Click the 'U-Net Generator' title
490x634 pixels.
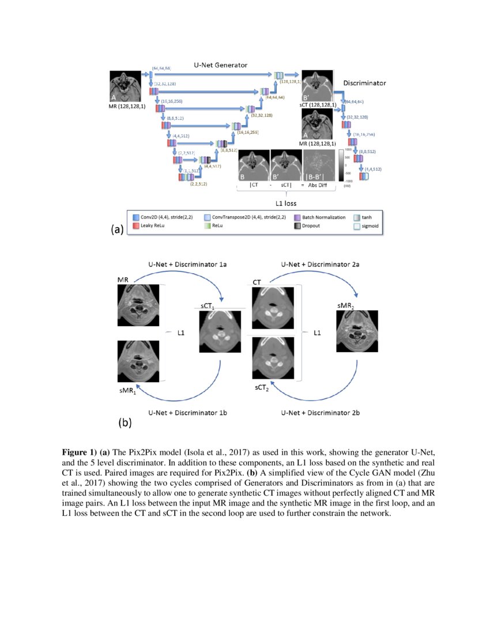tap(220, 66)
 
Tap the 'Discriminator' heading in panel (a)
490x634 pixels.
tap(364, 83)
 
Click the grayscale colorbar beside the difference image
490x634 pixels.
tap(340, 166)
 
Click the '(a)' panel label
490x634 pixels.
tap(117, 229)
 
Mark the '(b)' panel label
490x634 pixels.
tap(125, 422)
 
